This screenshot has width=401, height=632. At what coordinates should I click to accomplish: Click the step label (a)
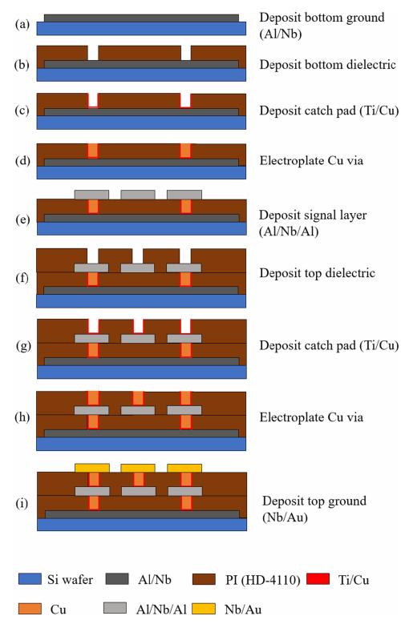click(x=22, y=25)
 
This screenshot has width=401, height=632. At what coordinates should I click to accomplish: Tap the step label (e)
click(x=22, y=220)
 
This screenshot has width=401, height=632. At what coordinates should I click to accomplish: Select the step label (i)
click(x=22, y=503)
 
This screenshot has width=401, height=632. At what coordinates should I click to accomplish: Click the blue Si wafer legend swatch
click(x=30, y=579)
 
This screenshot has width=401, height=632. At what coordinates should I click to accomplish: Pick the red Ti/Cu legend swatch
click(x=318, y=579)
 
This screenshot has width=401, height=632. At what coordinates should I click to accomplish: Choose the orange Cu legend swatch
click(x=30, y=608)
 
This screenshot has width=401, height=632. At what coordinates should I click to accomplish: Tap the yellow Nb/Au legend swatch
click(x=204, y=608)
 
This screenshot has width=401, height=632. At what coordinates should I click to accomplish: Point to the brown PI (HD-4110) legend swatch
click(x=204, y=579)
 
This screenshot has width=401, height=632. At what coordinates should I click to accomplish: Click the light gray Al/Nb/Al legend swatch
click(x=115, y=608)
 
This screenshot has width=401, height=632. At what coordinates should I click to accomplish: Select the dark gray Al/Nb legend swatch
click(x=117, y=579)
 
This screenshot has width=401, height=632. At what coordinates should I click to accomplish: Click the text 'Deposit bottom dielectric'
click(x=327, y=65)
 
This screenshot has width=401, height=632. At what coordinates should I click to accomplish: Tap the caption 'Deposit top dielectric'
click(x=317, y=273)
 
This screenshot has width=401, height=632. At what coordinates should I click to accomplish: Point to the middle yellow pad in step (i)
click(x=138, y=468)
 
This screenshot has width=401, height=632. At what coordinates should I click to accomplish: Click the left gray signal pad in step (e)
click(x=91, y=195)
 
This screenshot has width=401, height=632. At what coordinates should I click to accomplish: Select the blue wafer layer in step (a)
click(x=141, y=29)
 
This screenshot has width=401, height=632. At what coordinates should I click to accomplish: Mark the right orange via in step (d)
click(x=185, y=151)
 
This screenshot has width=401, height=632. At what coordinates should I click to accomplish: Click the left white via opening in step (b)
click(x=93, y=53)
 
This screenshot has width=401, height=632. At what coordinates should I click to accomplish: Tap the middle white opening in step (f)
click(x=138, y=256)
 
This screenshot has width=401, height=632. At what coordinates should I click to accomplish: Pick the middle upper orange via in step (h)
click(x=138, y=398)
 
